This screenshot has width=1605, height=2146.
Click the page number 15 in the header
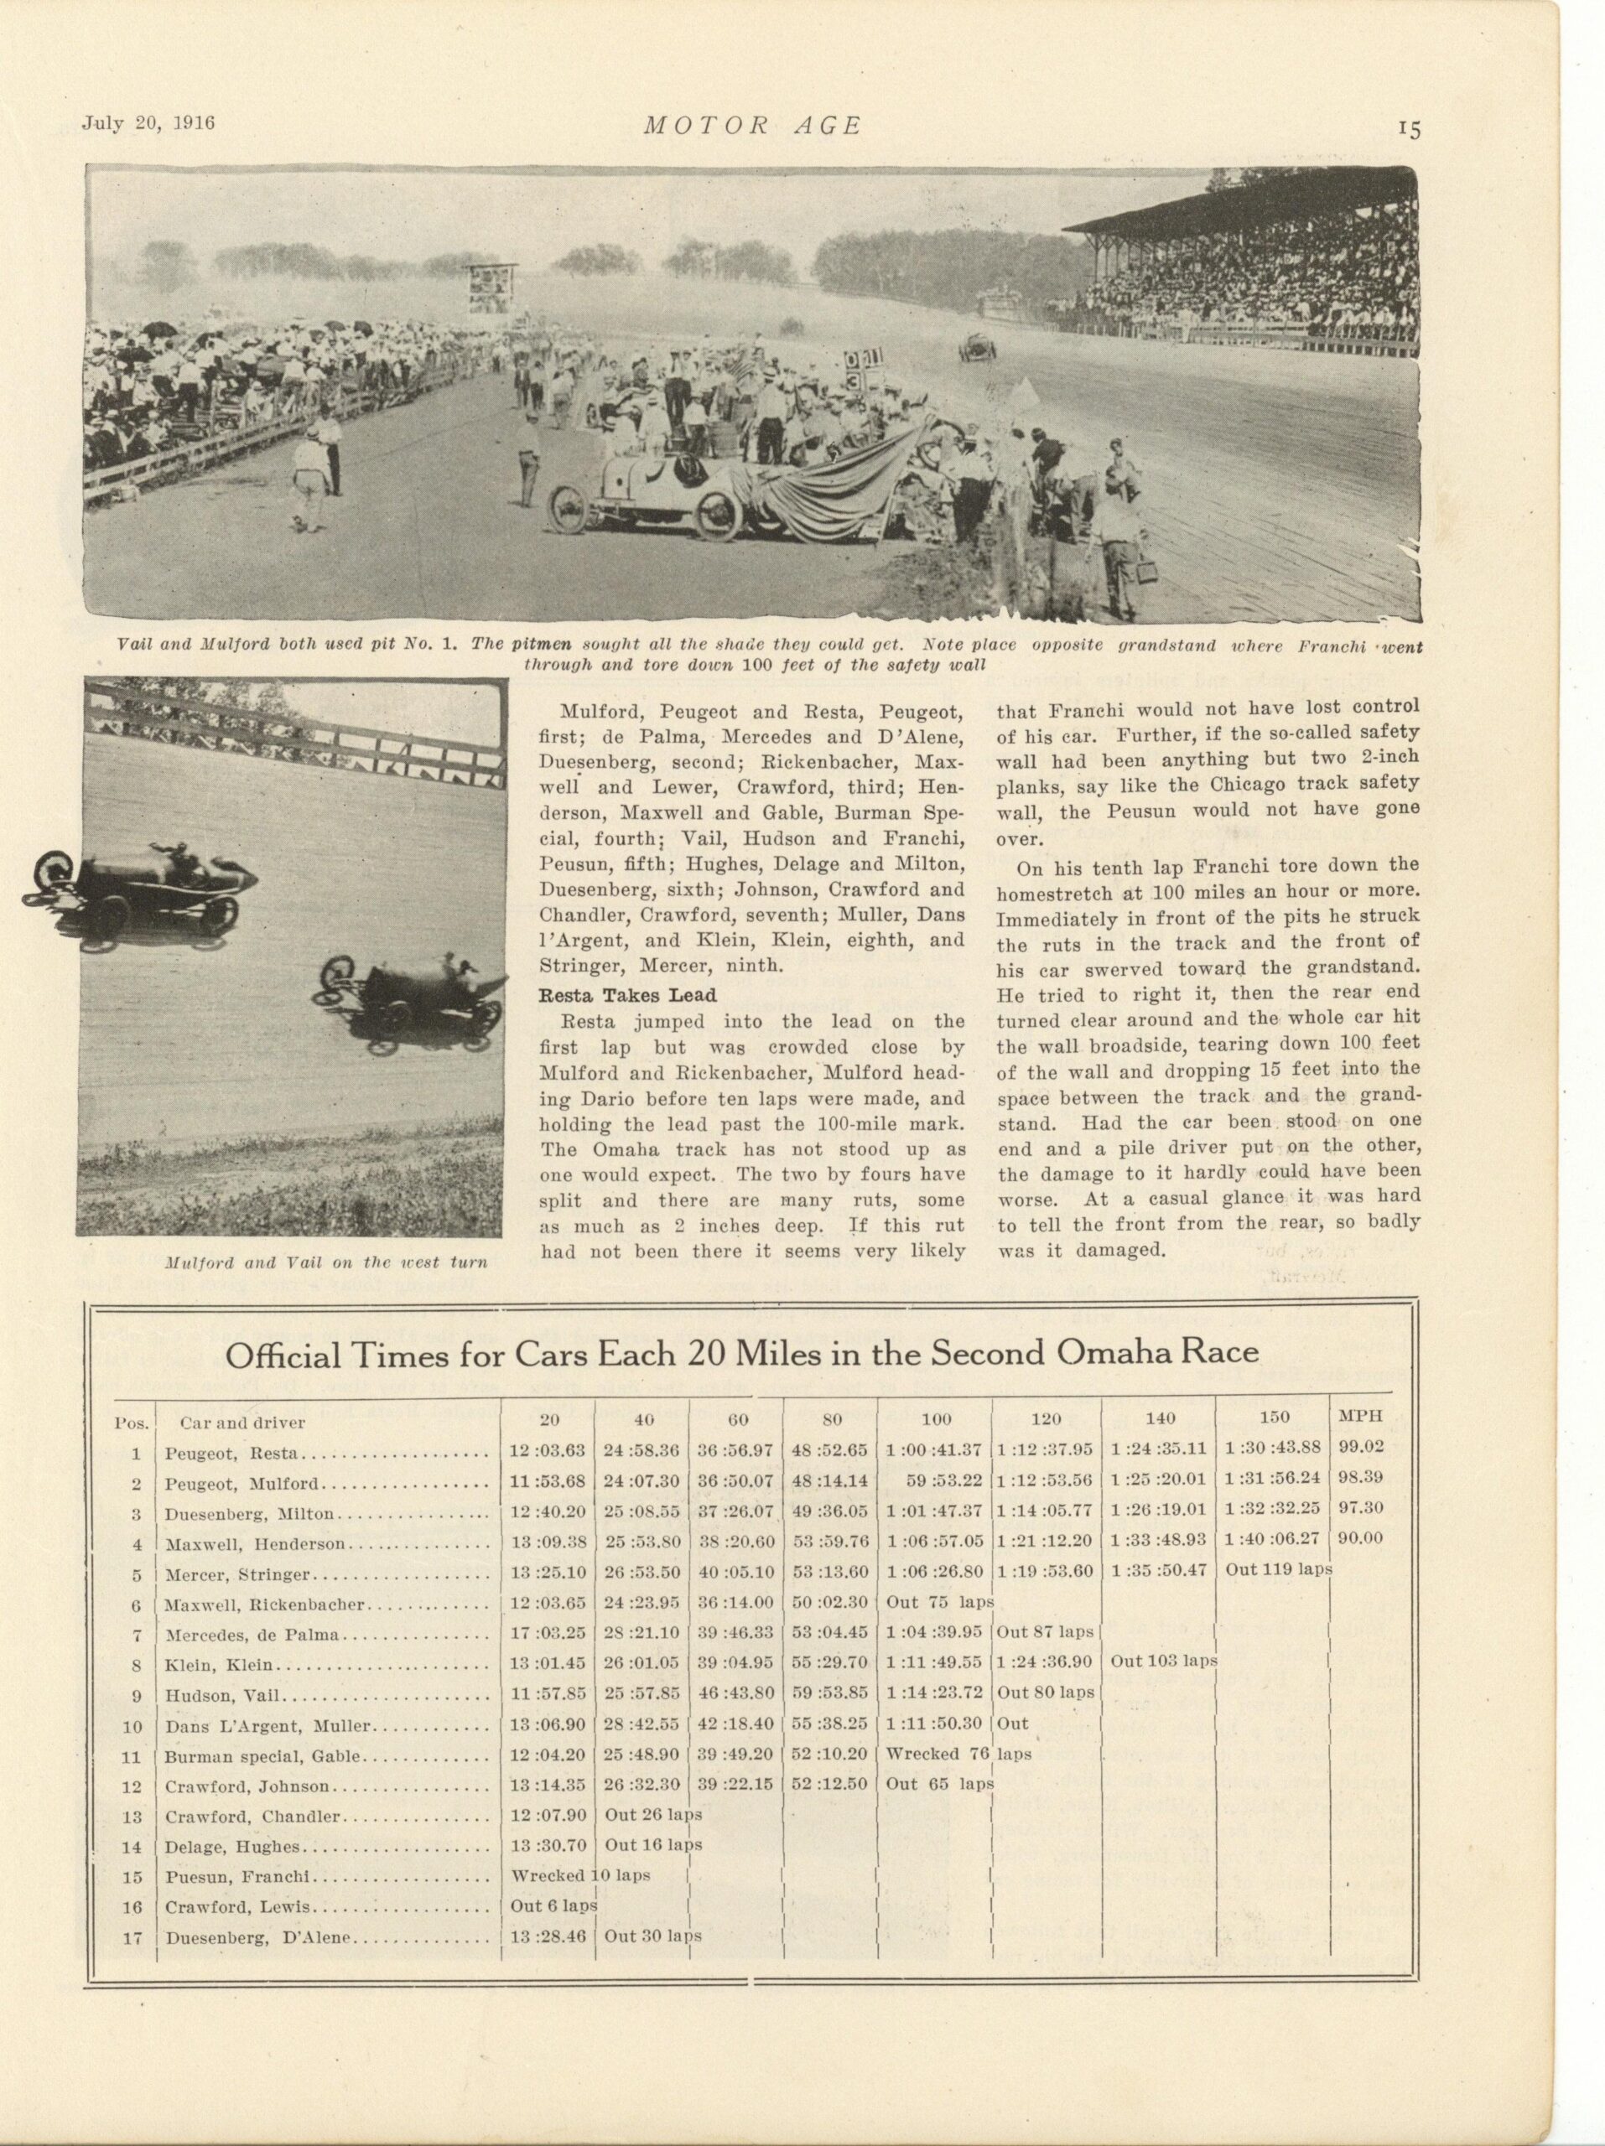(x=1409, y=130)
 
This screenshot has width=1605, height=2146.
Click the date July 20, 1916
(x=148, y=122)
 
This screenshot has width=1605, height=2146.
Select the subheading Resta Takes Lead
(x=627, y=994)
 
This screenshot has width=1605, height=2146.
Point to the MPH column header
(x=1359, y=1417)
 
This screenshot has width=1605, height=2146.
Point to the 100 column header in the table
(x=936, y=1419)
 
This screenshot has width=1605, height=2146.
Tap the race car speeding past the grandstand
(x=974, y=347)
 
